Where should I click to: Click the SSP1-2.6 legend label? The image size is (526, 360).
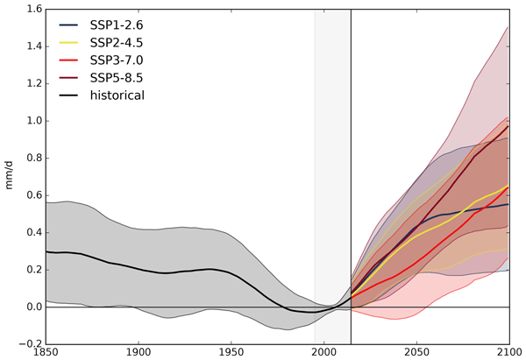coord(116,28)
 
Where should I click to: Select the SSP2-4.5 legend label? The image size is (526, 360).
coord(116,50)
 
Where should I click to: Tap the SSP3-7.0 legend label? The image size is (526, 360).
coord(116,72)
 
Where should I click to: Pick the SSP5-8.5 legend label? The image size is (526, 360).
coord(116,94)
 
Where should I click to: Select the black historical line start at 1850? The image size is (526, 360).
coord(46,251)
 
